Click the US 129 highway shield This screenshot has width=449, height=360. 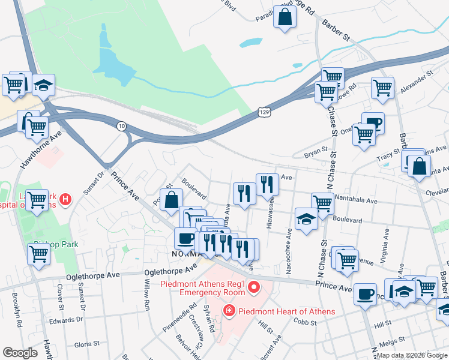click(264, 112)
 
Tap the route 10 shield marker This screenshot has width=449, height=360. click(122, 125)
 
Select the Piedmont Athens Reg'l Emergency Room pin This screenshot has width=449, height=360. click(254, 288)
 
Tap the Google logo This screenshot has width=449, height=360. click(20, 353)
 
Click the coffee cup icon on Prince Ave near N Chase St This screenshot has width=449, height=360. click(365, 293)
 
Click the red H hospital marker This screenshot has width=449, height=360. click(66, 199)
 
